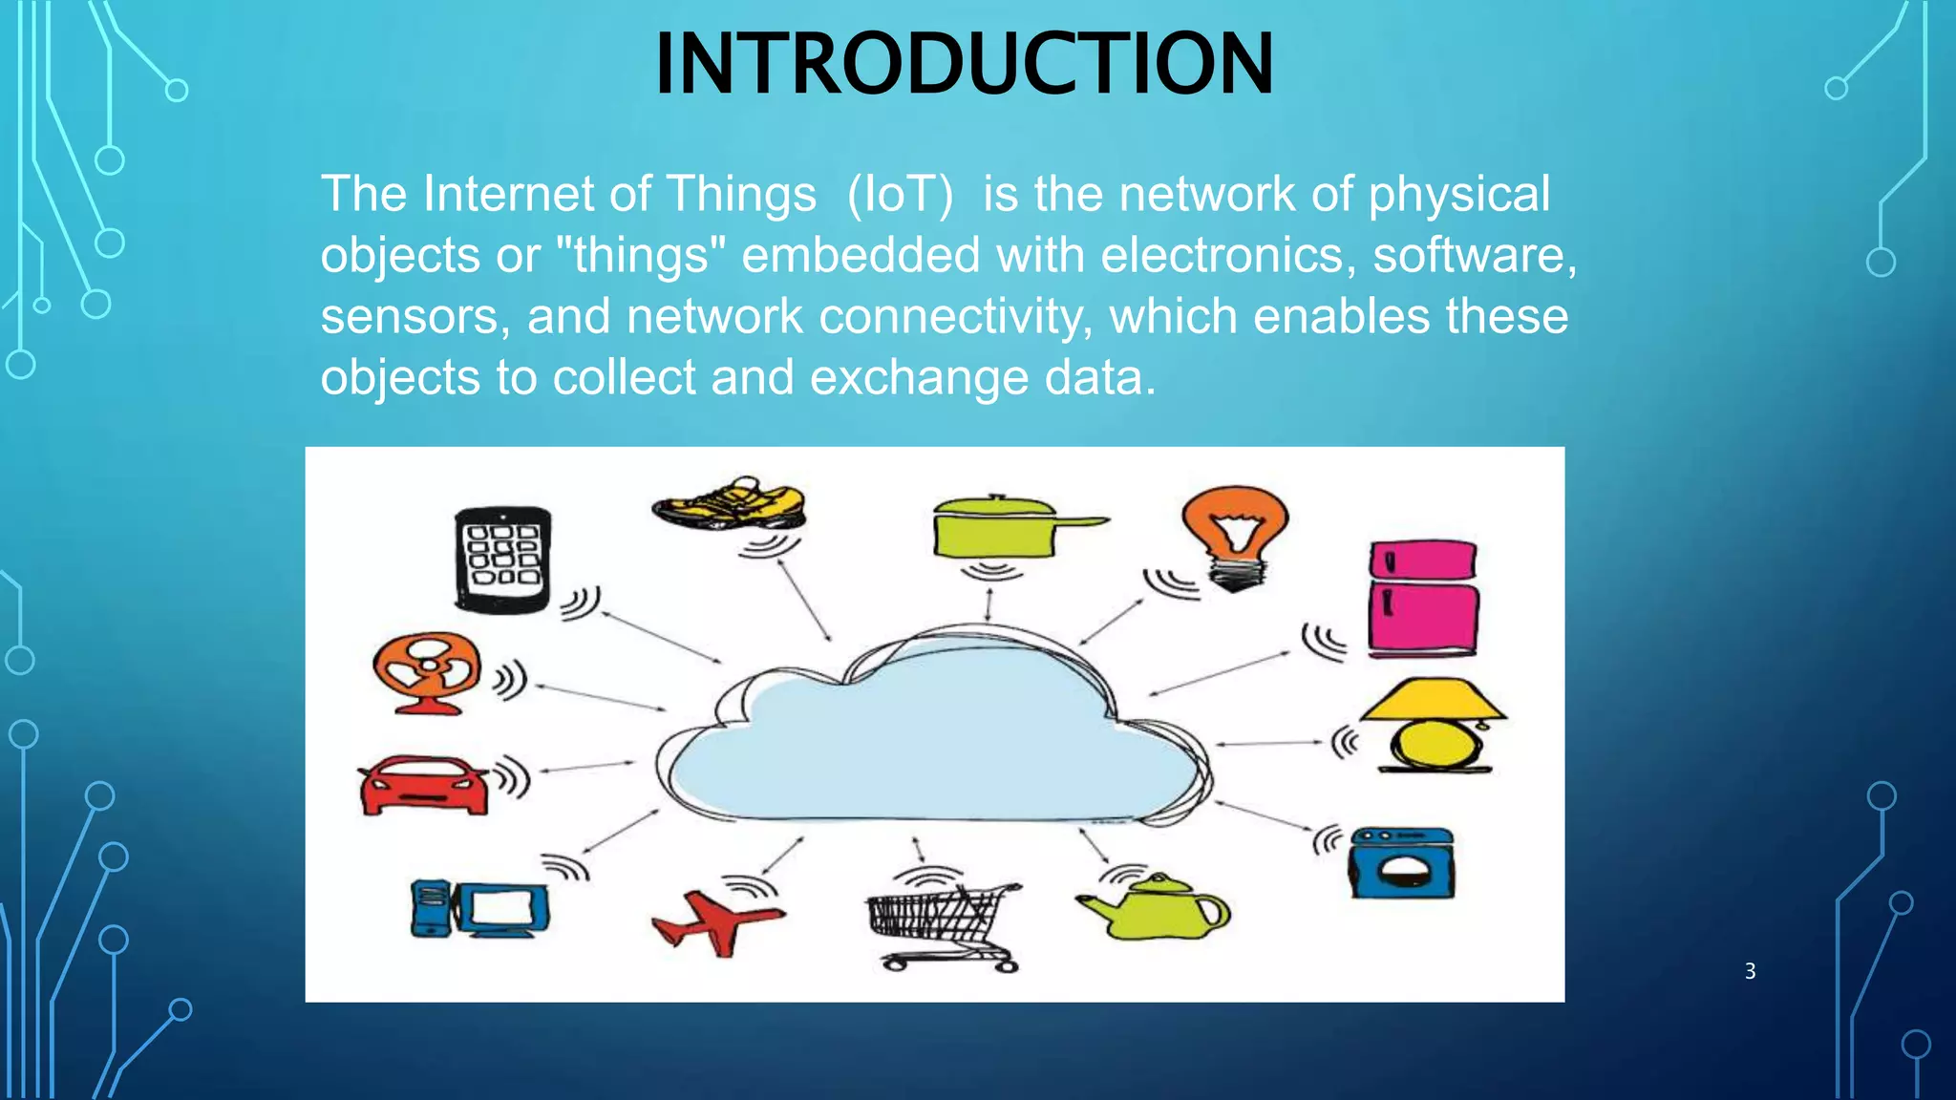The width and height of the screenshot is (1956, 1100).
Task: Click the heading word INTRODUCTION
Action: (964, 65)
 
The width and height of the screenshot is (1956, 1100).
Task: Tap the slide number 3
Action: (1750, 971)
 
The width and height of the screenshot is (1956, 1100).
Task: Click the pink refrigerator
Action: (1422, 598)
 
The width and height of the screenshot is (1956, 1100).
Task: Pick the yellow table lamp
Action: (1433, 726)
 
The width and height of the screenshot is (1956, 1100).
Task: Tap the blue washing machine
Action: (1401, 863)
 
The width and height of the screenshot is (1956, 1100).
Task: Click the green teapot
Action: (1155, 907)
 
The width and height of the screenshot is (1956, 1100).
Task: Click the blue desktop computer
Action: (480, 907)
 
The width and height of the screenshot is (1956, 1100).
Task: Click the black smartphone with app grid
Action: (502, 559)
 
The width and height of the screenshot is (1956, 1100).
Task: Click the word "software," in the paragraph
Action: (1474, 256)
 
